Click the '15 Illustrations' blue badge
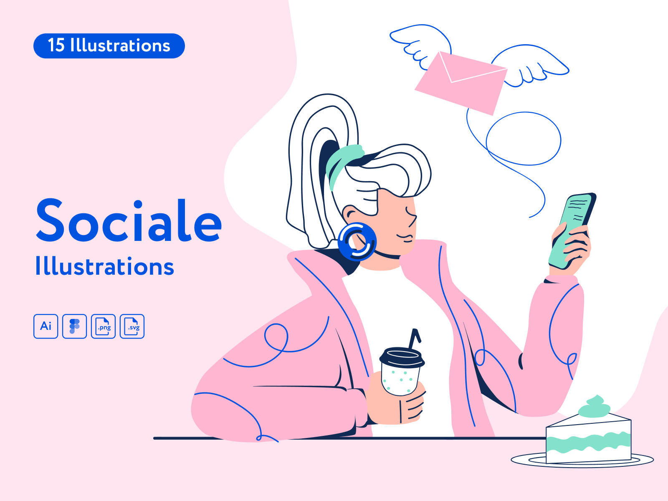109,46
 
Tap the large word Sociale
129,220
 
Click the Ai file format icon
46,326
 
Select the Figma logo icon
75,326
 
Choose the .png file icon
103,326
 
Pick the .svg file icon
132,326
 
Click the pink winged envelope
461,83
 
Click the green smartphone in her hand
572,231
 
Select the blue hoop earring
357,242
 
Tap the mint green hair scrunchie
342,166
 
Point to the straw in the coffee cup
415,339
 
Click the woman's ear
350,215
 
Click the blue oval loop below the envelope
524,139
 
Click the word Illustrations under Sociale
105,266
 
